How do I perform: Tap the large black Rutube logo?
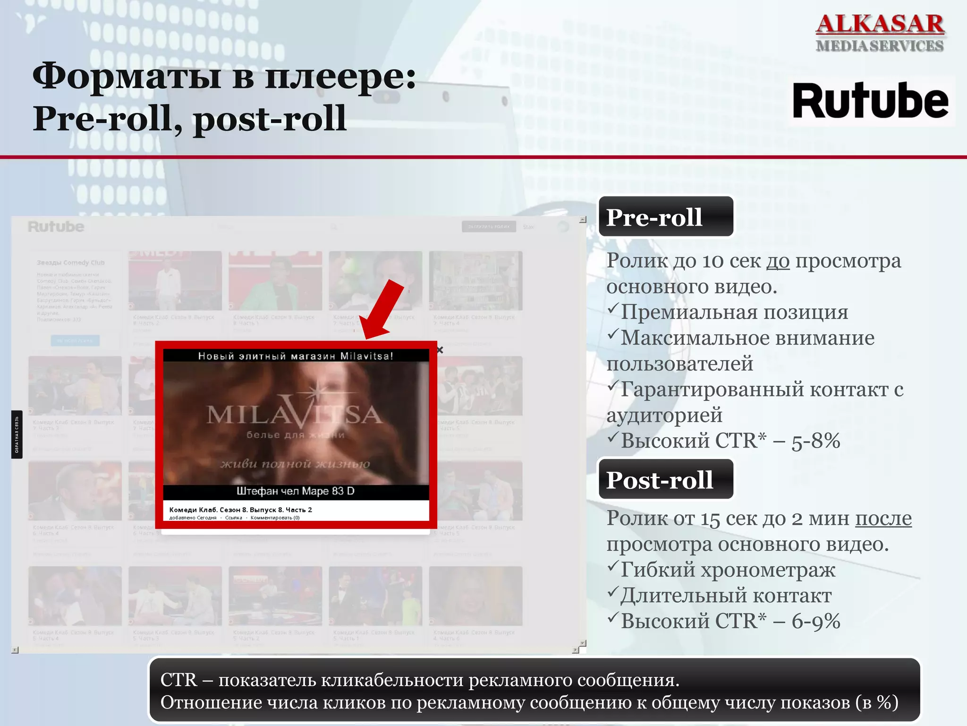click(870, 101)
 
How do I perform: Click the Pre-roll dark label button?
click(665, 217)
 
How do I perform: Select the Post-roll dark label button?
click(665, 479)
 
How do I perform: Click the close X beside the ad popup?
click(440, 350)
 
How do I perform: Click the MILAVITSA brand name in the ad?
click(294, 415)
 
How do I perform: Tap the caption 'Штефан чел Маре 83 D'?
click(295, 491)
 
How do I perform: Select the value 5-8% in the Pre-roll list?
click(815, 441)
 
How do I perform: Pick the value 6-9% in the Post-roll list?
click(815, 621)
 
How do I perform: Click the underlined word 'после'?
click(883, 519)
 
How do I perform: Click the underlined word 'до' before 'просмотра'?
click(778, 261)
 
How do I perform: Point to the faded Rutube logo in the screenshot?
click(56, 227)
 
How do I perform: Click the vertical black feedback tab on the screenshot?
click(17, 434)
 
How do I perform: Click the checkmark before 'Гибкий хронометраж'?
click(613, 566)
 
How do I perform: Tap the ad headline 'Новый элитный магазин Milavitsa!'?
click(295, 356)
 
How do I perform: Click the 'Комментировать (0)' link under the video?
click(275, 518)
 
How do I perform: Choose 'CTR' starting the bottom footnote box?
click(178, 680)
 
